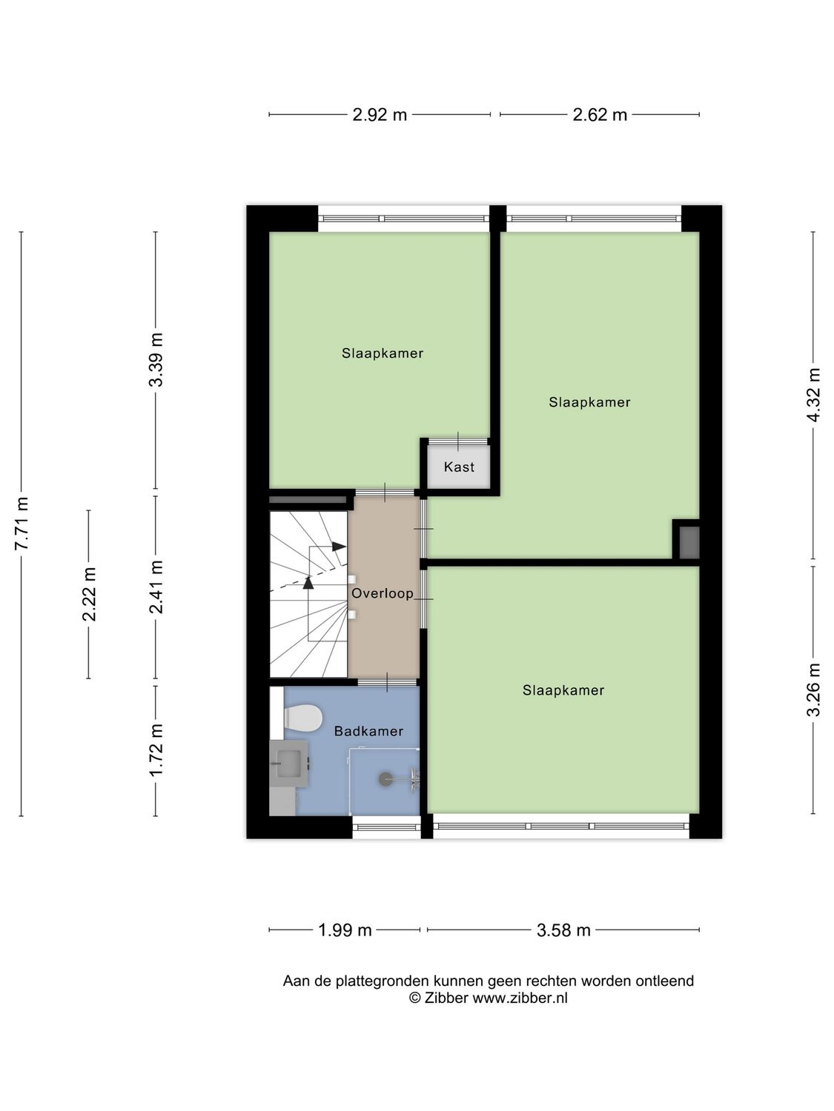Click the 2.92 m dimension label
pos(380,115)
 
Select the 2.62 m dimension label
pos(600,115)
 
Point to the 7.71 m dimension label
pos(21,523)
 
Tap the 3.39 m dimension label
pos(156,360)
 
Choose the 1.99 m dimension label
pos(345,930)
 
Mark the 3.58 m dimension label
pos(563,930)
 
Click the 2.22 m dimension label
pos(89,594)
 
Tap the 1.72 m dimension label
pos(156,750)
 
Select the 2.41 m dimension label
pos(156,587)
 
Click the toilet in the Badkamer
pos(303,717)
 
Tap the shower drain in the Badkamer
pos(385,778)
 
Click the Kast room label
pos(459,467)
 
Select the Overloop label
pos(383,593)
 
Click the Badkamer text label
pos(368,731)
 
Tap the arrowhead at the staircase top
pos(340,547)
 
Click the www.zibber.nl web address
pos(520,998)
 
